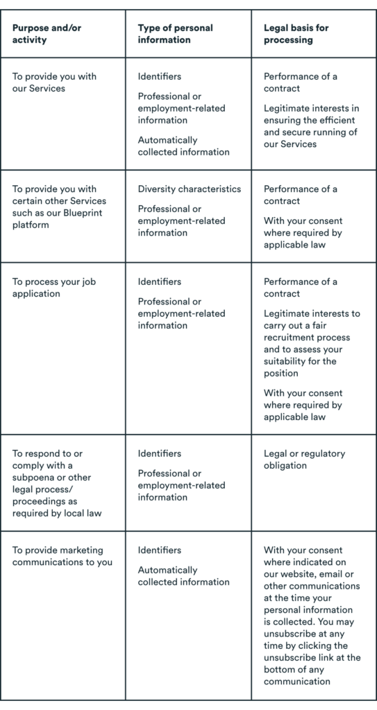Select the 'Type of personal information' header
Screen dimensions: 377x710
click(175, 34)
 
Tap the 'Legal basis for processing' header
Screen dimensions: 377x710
click(296, 34)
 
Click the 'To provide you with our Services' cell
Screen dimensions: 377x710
click(54, 83)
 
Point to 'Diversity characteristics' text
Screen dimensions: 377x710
click(189, 189)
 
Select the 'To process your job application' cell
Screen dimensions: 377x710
click(53, 288)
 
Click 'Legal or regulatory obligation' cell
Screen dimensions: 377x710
click(304, 459)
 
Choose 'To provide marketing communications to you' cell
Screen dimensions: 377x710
click(62, 556)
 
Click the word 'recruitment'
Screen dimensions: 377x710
click(292, 338)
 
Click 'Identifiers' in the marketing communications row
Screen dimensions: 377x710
click(160, 550)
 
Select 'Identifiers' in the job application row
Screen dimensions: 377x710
click(160, 282)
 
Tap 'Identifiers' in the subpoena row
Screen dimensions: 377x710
click(160, 453)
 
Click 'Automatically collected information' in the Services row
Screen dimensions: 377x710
click(183, 146)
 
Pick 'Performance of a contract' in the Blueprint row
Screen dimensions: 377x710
click(300, 195)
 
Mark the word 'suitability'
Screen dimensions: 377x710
click(286, 361)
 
